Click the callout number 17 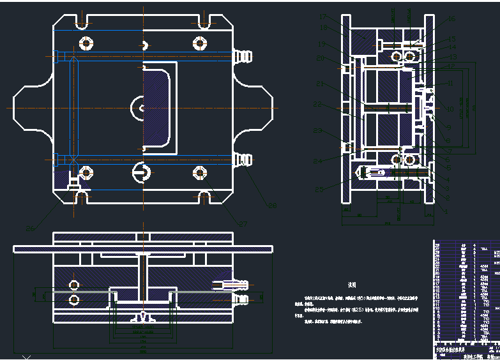[322, 16]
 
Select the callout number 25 [319, 189]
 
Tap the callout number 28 [272, 205]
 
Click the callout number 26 [29, 228]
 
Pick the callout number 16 [451, 19]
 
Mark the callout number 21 [320, 85]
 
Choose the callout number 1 [446, 211]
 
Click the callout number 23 [317, 131]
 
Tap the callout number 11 [450, 84]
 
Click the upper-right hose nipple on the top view [243, 56]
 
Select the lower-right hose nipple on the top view [243, 159]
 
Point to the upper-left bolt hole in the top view [86, 43]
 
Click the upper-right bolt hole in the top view [200, 43]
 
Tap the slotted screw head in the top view [141, 172]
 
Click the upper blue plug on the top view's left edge [57, 57]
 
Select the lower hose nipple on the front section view [240, 298]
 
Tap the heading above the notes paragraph [351, 285]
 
